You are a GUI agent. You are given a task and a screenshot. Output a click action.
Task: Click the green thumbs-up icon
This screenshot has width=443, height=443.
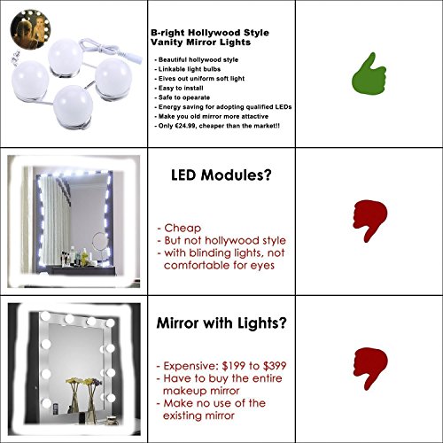click(369, 75)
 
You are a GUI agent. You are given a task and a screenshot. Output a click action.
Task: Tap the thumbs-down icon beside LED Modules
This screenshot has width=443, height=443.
click(369, 219)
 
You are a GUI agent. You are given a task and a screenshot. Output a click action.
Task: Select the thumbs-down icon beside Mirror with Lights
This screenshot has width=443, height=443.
click(370, 367)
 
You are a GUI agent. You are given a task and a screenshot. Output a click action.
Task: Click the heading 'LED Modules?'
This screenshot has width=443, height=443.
click(221, 175)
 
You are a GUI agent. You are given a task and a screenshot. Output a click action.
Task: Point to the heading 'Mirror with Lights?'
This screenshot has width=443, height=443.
click(221, 323)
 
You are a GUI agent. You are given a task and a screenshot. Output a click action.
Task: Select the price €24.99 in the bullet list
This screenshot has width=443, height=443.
click(185, 126)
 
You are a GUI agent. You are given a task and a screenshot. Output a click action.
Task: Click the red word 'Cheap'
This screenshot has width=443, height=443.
click(183, 228)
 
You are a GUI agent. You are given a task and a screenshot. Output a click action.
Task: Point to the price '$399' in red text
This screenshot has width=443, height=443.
click(275, 366)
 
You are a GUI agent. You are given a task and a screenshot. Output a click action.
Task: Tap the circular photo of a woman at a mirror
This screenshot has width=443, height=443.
click(30, 29)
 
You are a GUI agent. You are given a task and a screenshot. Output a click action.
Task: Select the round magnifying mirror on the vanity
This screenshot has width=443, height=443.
click(100, 241)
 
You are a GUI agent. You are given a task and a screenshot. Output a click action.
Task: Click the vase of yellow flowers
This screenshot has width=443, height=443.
click(74, 394)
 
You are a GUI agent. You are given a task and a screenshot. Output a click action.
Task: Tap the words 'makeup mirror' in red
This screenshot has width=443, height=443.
click(201, 391)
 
